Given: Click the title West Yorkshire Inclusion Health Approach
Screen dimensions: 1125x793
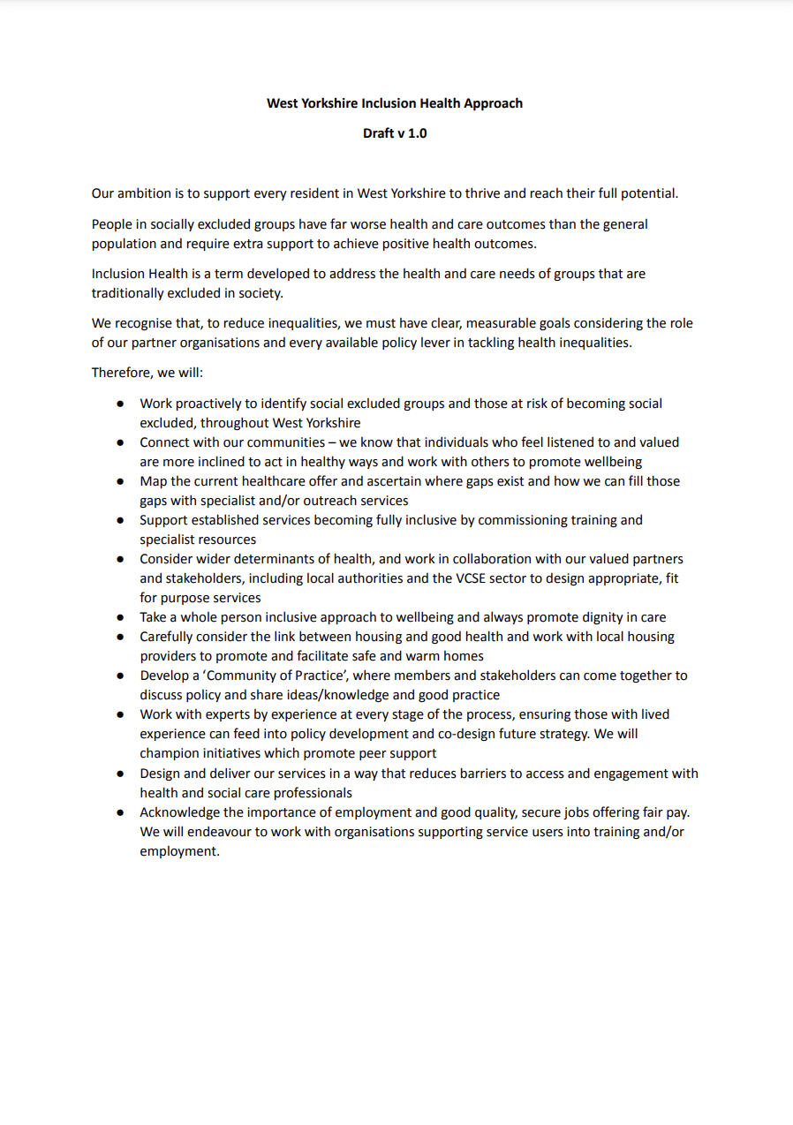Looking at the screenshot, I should pos(395,103).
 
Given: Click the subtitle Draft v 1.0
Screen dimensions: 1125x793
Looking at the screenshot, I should pos(395,133).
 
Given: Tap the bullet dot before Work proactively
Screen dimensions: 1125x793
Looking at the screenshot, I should pos(120,404).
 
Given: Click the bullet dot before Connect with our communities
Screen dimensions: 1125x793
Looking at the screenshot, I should pos(120,443).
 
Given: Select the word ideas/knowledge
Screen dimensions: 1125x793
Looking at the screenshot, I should pos(336,695).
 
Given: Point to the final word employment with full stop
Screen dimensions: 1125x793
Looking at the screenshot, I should pos(179,852).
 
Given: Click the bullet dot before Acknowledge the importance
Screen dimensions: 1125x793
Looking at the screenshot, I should pos(120,812).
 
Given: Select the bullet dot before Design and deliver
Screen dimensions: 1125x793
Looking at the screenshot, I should pos(120,774).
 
